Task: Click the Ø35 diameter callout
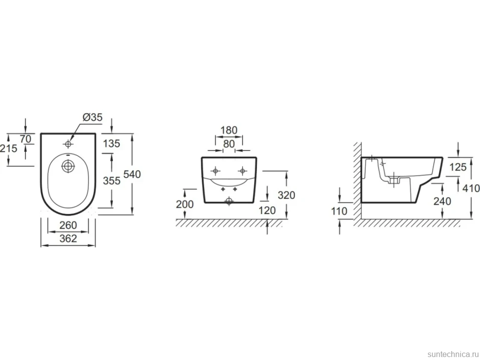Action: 93,117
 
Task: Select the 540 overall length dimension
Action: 132,175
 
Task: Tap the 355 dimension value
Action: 111,181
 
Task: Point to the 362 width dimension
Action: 68,238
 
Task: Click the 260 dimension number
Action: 68,225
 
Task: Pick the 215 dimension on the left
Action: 8,149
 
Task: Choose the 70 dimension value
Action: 25,139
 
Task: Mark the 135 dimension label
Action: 111,143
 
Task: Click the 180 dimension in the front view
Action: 229,130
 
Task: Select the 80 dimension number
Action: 229,144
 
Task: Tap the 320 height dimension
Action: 286,195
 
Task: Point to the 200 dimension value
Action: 185,204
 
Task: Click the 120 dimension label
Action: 267,211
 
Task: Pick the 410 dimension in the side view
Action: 471,188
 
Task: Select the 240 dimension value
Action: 442,201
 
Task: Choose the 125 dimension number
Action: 458,167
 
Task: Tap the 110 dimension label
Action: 339,211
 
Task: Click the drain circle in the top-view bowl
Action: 68,166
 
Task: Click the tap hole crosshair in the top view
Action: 68,144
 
